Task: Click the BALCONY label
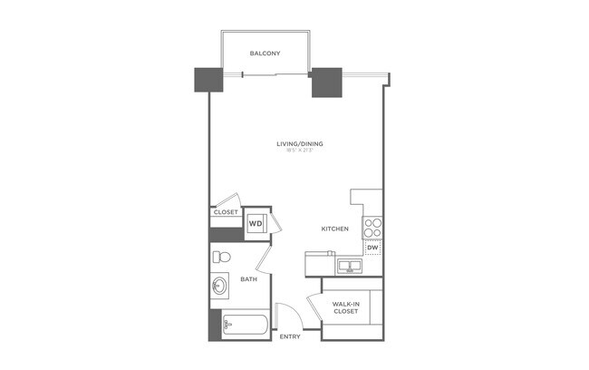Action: pos(266,54)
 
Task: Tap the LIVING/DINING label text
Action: pos(301,144)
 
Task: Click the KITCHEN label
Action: pos(335,229)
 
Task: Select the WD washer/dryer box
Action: pos(256,222)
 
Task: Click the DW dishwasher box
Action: pos(372,247)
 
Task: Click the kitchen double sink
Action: pos(349,266)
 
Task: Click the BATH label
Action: pos(248,280)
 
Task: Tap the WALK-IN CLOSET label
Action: pos(345,307)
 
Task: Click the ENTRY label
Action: pos(290,337)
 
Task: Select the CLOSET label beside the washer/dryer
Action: pos(226,212)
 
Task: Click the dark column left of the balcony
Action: pos(208,80)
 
